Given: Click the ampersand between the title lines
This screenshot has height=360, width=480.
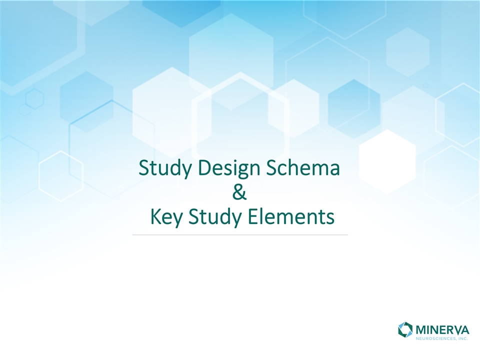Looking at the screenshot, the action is (x=239, y=192).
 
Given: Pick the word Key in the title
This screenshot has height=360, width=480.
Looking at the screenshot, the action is (x=167, y=217).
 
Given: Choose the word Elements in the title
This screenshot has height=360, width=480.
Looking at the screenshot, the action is (x=290, y=216).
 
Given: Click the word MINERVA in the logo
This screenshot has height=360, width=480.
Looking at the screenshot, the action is (x=442, y=330).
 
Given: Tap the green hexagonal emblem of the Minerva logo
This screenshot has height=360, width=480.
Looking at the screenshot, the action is (x=405, y=329).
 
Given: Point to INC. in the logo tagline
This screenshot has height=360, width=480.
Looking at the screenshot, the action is (x=463, y=338).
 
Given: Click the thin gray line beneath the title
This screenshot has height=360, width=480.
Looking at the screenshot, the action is (x=240, y=235).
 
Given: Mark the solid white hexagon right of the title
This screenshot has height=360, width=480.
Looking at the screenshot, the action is (x=387, y=161).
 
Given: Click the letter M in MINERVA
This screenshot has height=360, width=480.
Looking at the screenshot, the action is (x=422, y=330).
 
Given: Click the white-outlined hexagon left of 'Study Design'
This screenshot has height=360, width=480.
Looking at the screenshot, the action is (x=61, y=176).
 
